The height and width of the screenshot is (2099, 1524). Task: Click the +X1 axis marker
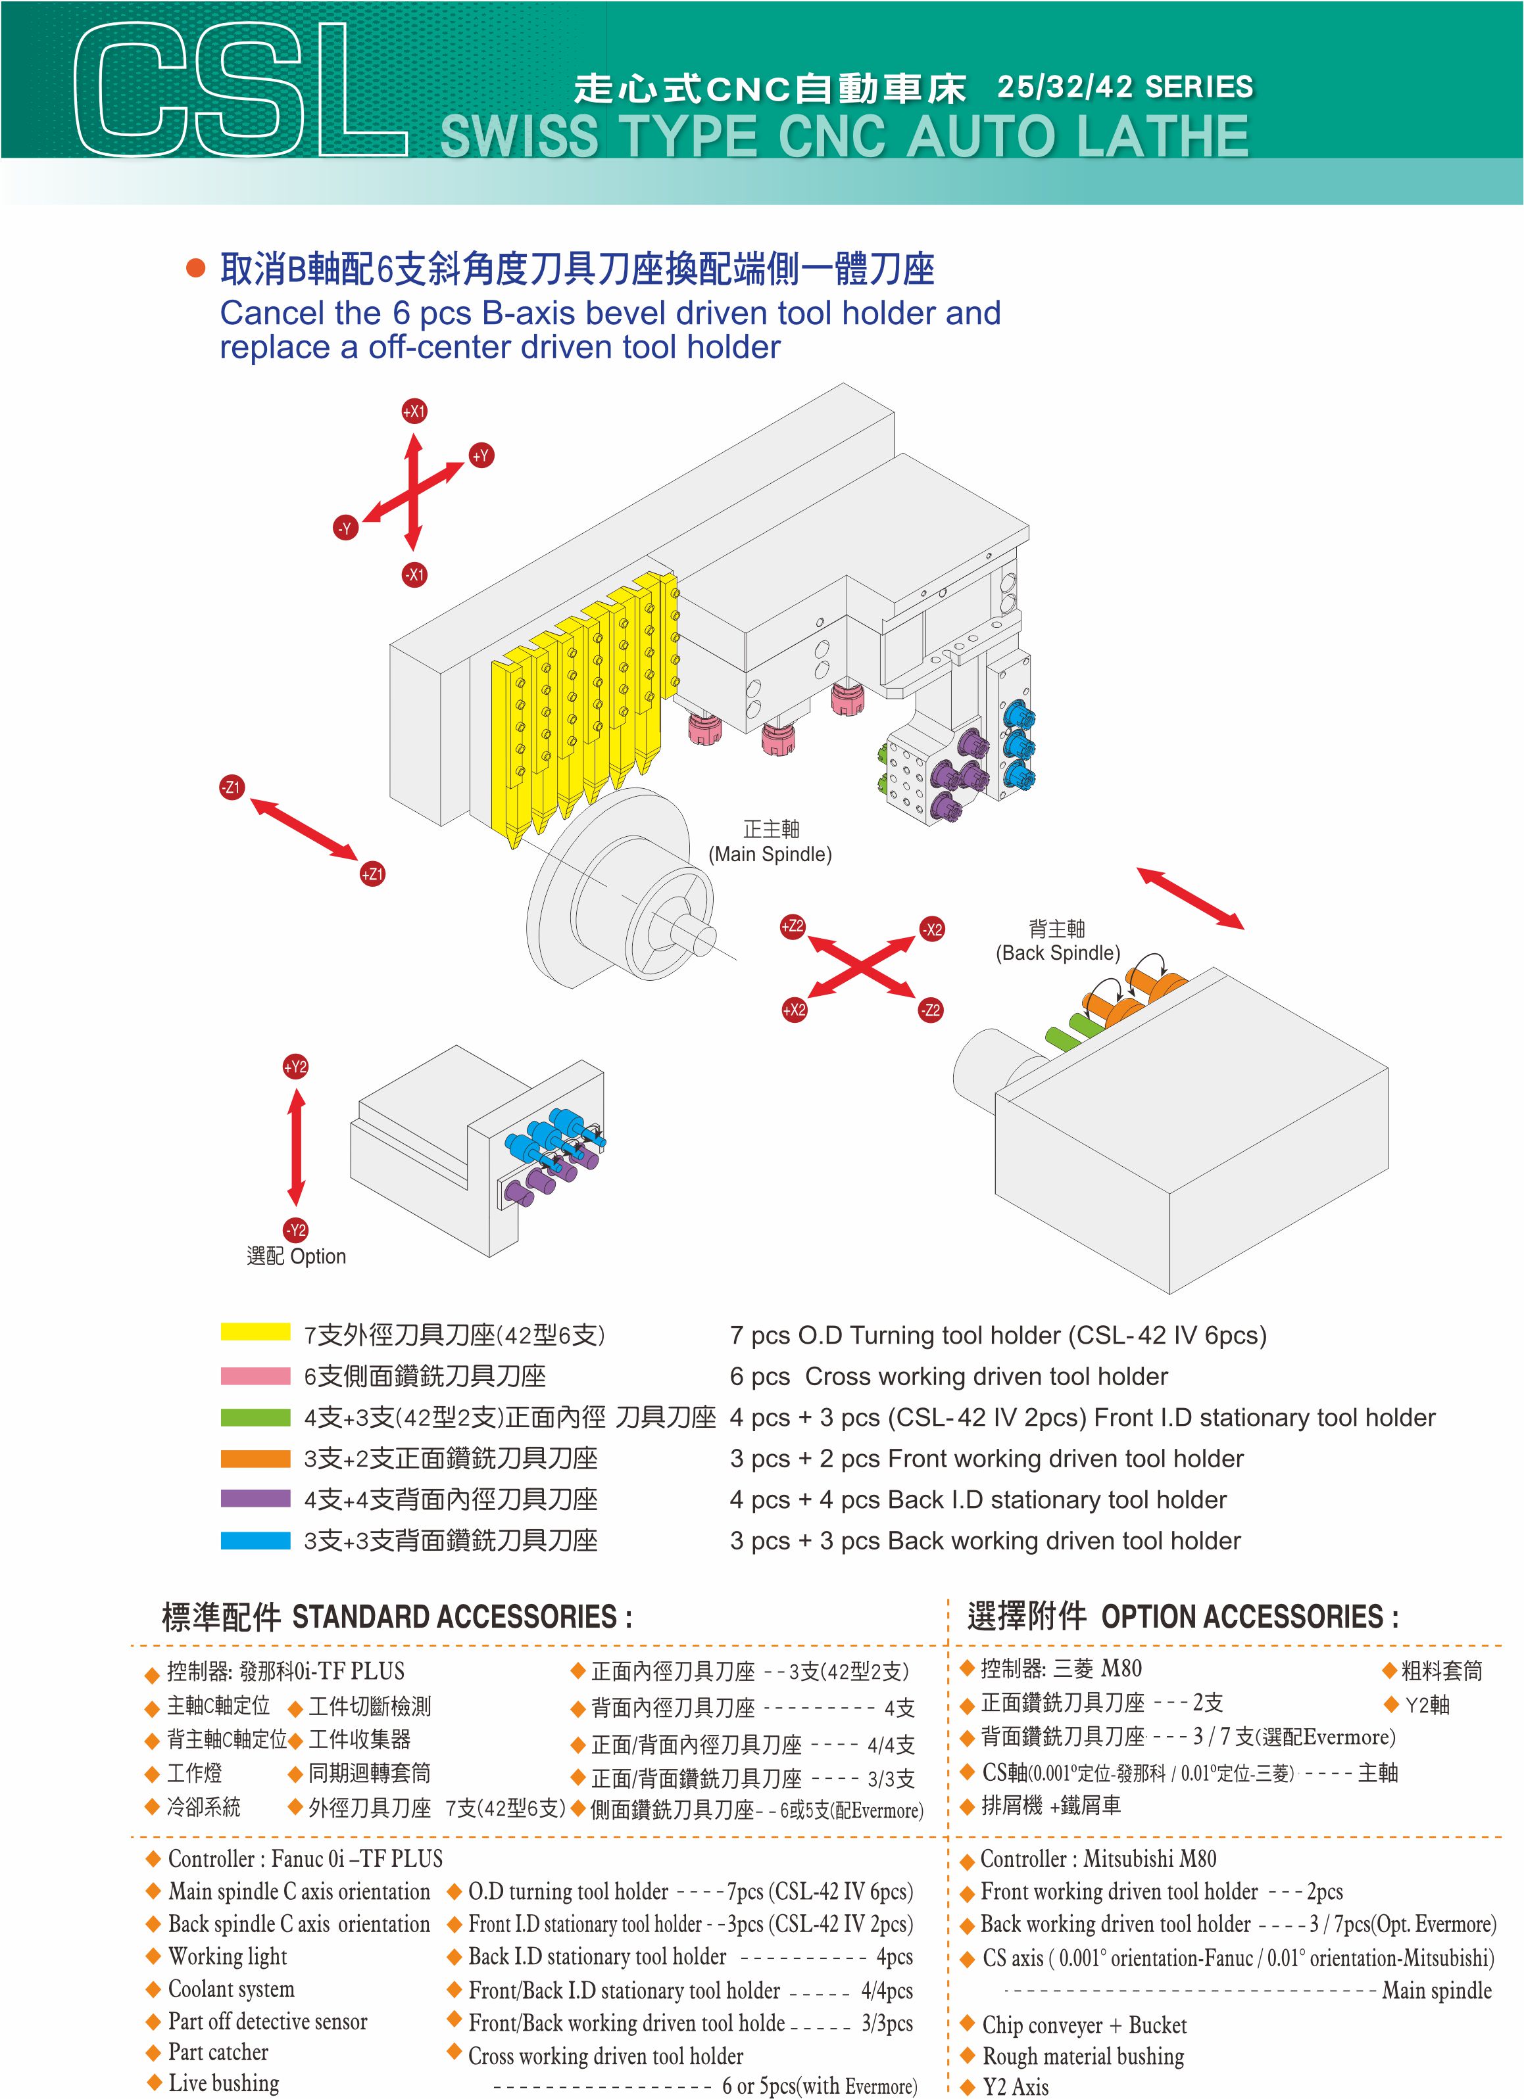(x=414, y=411)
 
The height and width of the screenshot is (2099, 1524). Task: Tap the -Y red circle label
(x=345, y=529)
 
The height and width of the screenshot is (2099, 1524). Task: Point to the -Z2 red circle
(x=931, y=1010)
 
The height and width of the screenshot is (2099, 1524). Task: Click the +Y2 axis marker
(x=295, y=1067)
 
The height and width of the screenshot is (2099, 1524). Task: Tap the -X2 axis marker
(x=933, y=929)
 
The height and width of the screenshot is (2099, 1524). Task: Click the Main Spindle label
(x=770, y=841)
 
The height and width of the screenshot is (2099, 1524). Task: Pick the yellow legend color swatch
(x=256, y=1332)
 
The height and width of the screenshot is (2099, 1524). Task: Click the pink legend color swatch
(x=256, y=1376)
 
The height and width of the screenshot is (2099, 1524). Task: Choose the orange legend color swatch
(x=256, y=1459)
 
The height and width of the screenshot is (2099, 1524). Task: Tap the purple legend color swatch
(x=256, y=1498)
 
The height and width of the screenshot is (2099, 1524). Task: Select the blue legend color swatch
(x=256, y=1541)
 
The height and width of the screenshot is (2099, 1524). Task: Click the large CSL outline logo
(x=239, y=90)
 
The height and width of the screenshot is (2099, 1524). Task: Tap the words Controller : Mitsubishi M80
(x=1098, y=1858)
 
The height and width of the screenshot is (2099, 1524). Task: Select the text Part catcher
(x=218, y=2052)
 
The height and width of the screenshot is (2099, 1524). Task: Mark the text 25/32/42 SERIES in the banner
(x=1125, y=87)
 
